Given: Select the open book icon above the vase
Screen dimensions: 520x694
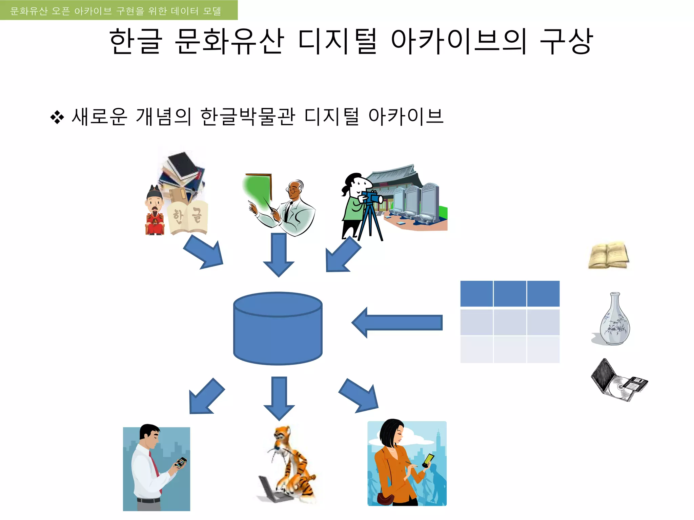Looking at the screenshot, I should pos(609,255).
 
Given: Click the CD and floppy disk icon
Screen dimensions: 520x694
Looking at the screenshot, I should pos(619,381).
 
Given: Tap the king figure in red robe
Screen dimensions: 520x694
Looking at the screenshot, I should pos(155,212).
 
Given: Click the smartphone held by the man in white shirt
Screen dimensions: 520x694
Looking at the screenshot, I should pos(181,462).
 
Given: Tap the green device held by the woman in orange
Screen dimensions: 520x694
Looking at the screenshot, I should pos(429,459).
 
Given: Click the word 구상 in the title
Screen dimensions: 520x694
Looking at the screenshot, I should pos(566,41).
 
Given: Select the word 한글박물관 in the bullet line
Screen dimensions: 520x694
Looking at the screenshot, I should pos(247,117).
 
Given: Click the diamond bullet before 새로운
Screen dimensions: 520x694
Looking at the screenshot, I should pos(57,117).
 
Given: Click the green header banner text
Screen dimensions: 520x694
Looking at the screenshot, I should pos(116,11).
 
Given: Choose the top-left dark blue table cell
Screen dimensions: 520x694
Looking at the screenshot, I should pos(476,294).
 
